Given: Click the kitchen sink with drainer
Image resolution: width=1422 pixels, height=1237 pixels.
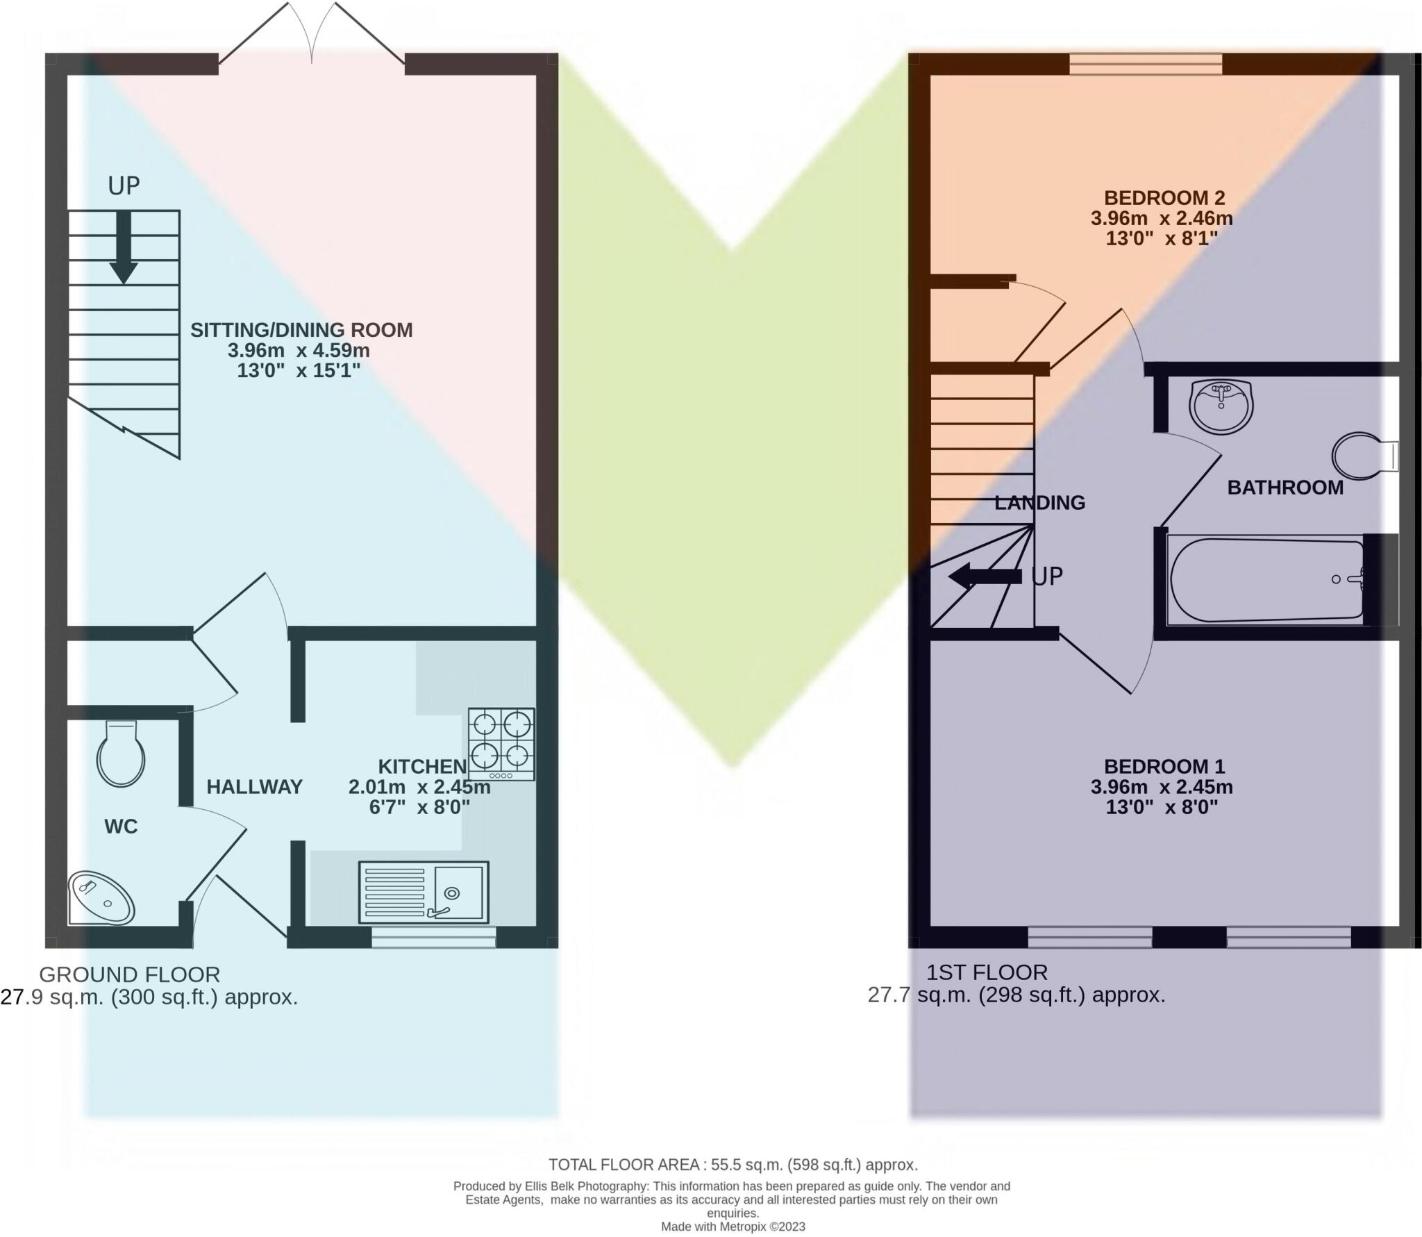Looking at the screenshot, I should click(x=424, y=893).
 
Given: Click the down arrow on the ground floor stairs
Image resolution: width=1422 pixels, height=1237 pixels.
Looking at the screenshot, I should click(x=124, y=247).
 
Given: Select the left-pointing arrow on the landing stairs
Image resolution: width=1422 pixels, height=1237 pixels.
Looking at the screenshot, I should click(x=985, y=576).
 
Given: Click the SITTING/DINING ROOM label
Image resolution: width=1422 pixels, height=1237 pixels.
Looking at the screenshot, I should click(x=301, y=330).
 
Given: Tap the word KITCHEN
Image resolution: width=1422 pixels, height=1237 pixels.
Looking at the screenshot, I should click(x=422, y=767).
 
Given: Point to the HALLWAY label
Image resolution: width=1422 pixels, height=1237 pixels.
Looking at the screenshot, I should click(x=254, y=787).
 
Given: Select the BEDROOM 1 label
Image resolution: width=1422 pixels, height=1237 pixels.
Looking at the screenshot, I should click(x=1164, y=767).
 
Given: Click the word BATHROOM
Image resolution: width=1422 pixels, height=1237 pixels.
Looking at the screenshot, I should click(x=1285, y=488).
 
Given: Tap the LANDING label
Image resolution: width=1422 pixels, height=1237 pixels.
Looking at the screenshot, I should click(x=1039, y=503).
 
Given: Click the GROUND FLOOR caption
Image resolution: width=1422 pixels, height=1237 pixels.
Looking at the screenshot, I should click(x=129, y=974).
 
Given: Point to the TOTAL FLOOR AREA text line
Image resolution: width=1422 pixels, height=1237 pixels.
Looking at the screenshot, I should click(x=733, y=1165).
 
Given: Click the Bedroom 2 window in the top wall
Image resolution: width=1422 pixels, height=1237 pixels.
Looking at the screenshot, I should click(x=1146, y=65).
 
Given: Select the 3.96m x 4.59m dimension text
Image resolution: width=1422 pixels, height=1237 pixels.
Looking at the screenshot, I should click(x=299, y=350).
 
